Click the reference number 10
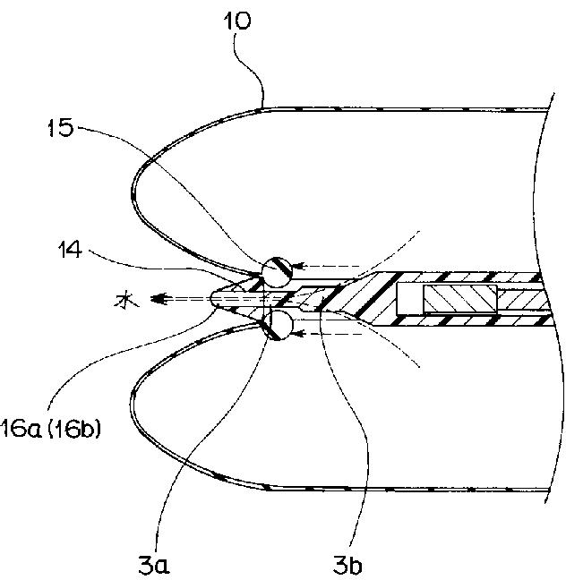[x=237, y=21]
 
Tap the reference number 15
[x=62, y=128]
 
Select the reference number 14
[x=70, y=250]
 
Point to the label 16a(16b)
[x=50, y=430]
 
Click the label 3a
[x=154, y=565]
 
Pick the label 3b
[x=347, y=565]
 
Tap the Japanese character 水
[x=126, y=301]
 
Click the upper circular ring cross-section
[x=277, y=272]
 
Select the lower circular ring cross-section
[x=277, y=325]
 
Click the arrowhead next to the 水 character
[x=159, y=298]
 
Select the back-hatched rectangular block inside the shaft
[x=460, y=299]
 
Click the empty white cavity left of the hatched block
[x=410, y=299]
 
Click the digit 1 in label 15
[x=54, y=129]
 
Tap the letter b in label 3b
[x=356, y=565]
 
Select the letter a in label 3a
[x=162, y=567]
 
